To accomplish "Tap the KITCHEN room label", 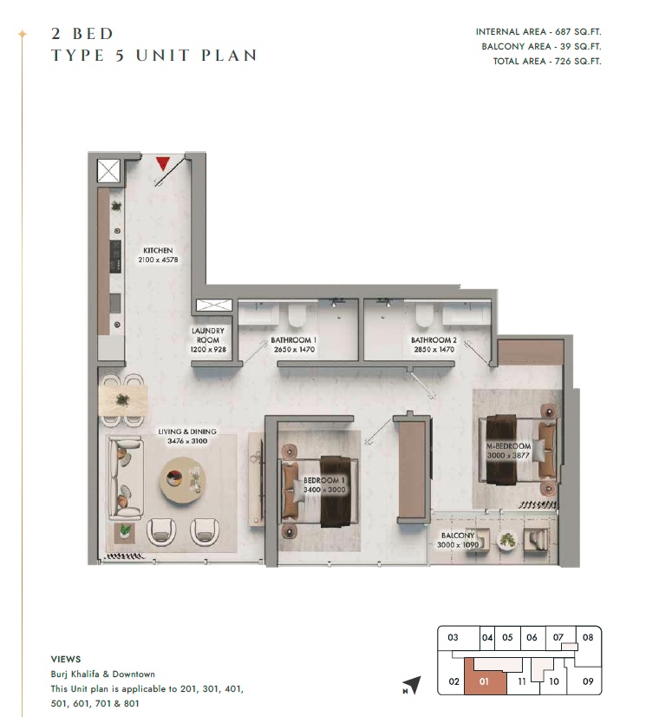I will pos(158,250).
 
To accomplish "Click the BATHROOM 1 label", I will pos(293,340).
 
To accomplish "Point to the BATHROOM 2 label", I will pos(433,340).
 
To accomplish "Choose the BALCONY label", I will pos(457,536).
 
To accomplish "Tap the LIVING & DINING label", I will pos(186,431).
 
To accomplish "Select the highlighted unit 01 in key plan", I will pos(485,681).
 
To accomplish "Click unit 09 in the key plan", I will pos(588,681).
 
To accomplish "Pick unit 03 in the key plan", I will pos(452,638).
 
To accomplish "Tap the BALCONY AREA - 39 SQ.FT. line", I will pos(541,46).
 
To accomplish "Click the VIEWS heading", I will pos(66,658).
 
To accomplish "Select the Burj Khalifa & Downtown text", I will pos(102,674).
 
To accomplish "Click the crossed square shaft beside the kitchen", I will pos(108,170).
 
